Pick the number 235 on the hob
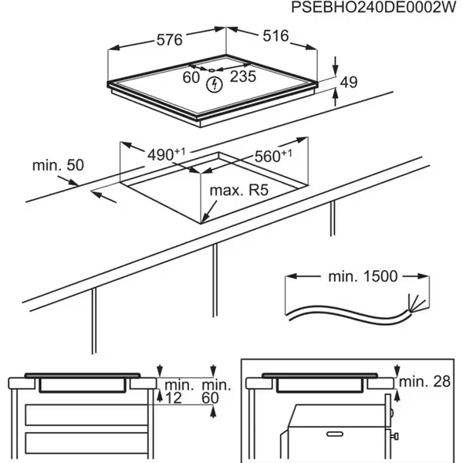pyautogui.click(x=242, y=76)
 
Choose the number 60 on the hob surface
pyautogui.click(x=191, y=76)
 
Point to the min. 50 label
pyautogui.click(x=57, y=165)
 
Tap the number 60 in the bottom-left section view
pyautogui.click(x=211, y=397)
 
